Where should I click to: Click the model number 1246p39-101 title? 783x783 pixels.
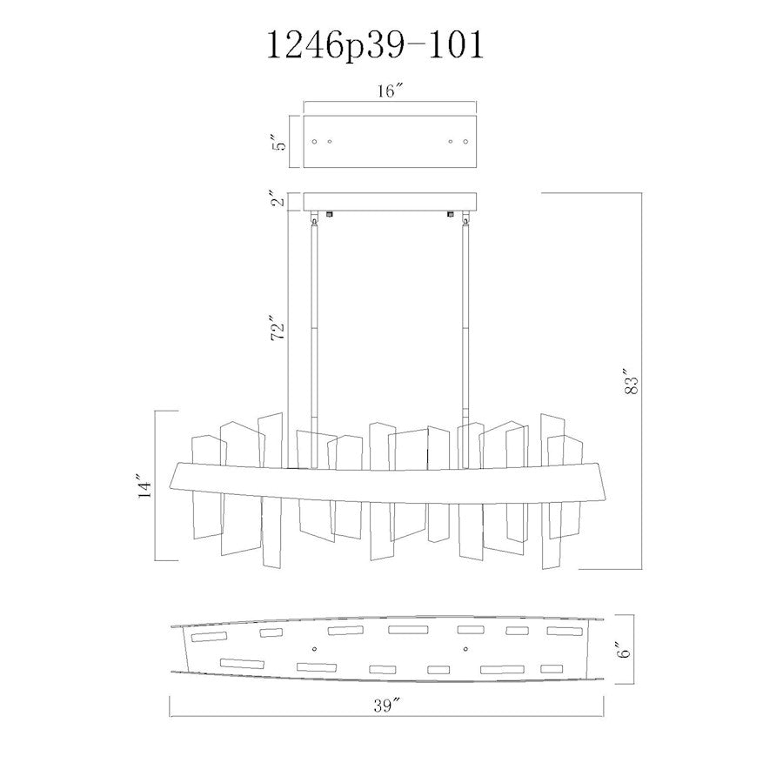click(376, 45)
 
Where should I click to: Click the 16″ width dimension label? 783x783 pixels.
click(390, 90)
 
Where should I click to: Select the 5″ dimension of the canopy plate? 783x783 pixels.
click(281, 143)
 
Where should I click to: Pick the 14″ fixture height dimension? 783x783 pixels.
click(145, 485)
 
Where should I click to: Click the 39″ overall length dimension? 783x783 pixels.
click(387, 705)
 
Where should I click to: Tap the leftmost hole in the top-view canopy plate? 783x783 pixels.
click(314, 141)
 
